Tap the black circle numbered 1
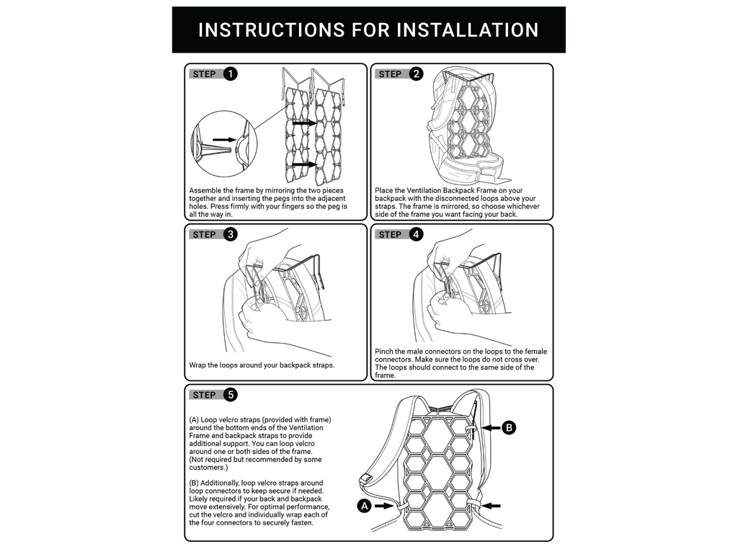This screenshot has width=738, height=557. pos(230,73)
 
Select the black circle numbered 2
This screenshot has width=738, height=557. pos(416,73)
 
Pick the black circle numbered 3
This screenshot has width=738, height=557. pos(230,233)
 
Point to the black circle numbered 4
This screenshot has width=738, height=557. pos(416,233)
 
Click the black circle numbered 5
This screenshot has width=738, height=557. pos(230,394)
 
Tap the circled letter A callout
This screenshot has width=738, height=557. pos(365,506)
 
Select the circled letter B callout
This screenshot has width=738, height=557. pos(509,428)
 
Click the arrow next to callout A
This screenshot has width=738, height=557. pos(386,506)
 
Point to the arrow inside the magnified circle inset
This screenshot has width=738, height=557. pos(224,140)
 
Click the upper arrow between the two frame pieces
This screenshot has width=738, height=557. pos(305,123)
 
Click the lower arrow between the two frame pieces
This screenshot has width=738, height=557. pos(305,165)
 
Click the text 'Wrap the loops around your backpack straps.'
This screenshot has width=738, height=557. pos(262,365)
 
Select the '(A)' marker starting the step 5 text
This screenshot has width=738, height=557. pos(194,419)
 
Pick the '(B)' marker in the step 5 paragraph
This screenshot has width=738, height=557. pos(194,483)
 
